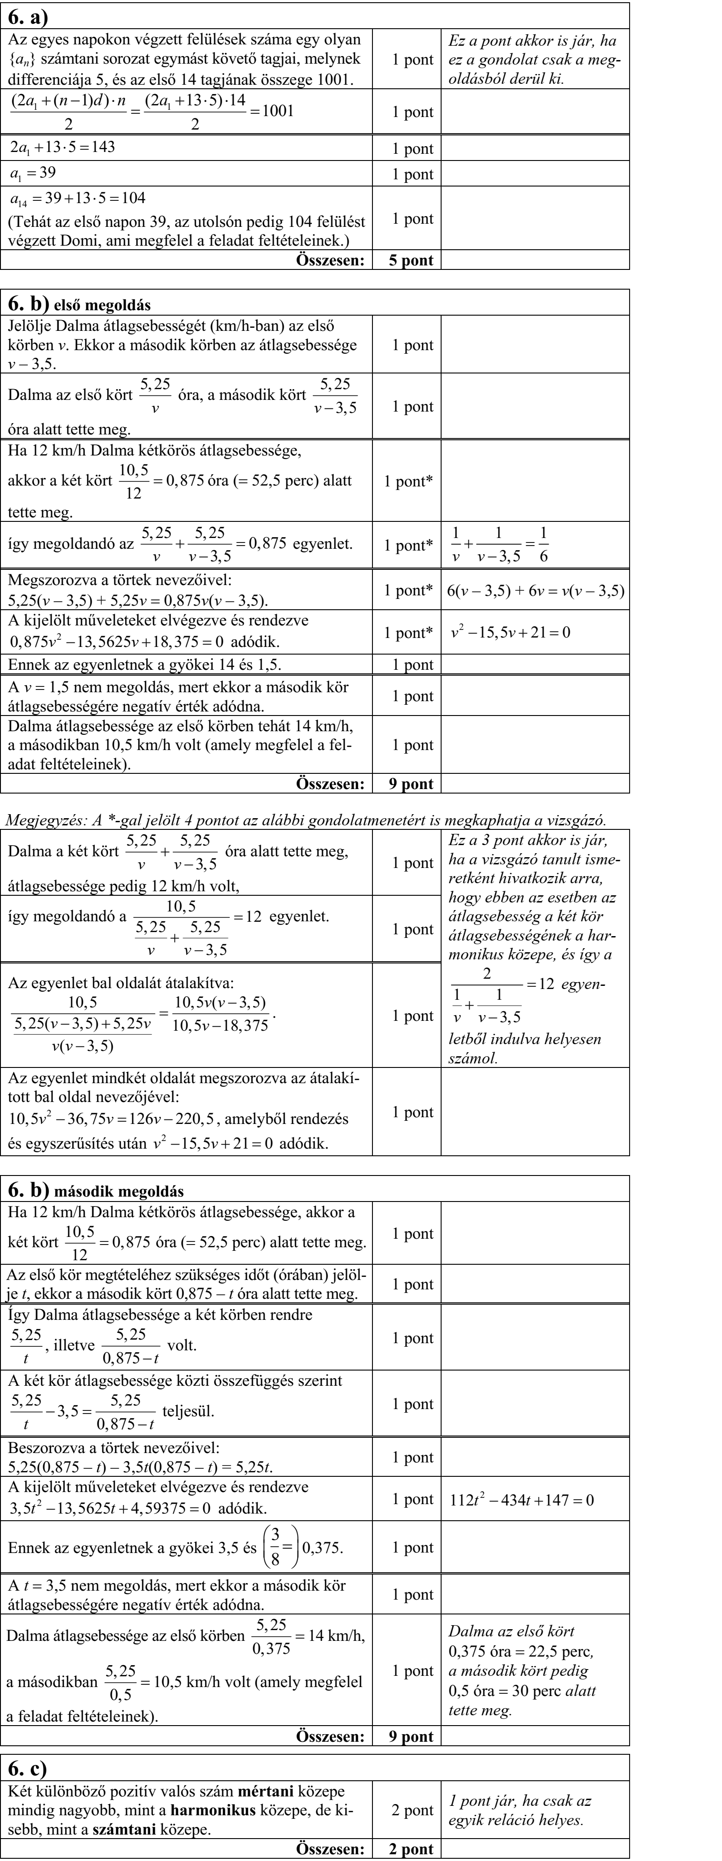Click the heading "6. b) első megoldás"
(79, 304)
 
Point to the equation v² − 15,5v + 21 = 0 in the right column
(510, 633)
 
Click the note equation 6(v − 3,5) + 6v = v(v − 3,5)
(535, 590)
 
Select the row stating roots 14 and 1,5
(144, 664)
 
